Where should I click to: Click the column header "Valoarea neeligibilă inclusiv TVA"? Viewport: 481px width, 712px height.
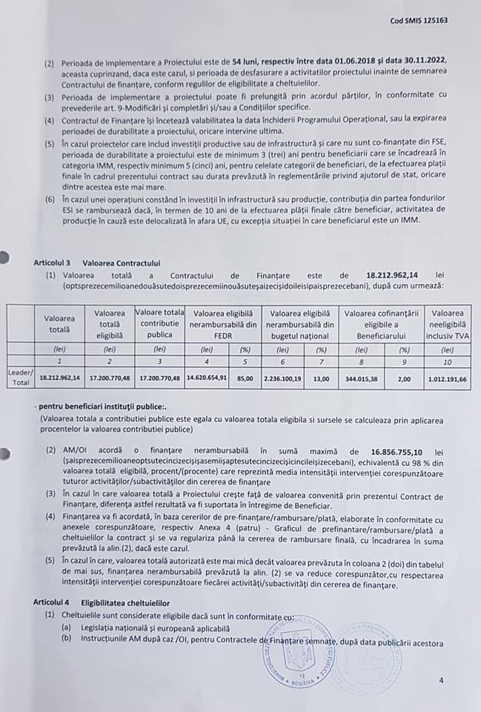448,323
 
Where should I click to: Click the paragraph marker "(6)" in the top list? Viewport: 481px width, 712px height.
49,200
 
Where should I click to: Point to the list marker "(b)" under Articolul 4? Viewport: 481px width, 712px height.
66,636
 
